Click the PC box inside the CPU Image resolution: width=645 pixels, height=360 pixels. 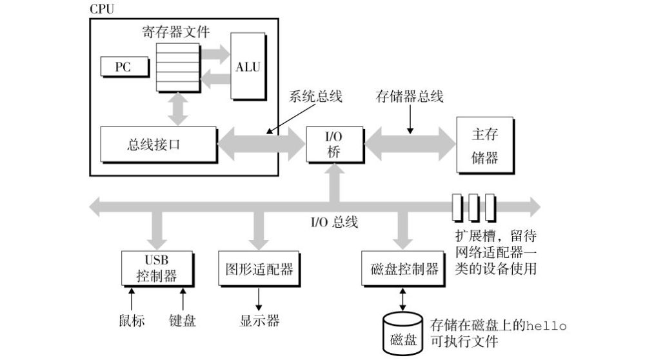point(124,66)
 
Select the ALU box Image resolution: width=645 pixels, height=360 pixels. point(248,66)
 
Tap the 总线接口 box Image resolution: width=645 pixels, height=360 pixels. point(159,145)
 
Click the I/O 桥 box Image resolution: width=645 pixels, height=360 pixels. point(335,145)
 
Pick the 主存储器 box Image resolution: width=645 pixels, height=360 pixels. point(486,145)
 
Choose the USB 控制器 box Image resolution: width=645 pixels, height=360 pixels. point(157,268)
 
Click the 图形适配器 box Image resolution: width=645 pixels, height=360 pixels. point(259,268)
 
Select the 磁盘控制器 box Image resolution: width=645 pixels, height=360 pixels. point(404,268)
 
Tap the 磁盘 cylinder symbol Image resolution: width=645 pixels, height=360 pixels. point(403,334)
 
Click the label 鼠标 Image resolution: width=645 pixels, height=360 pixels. point(132,321)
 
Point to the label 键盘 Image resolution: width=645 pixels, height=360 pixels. point(183,321)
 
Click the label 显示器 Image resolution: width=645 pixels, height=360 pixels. point(259,321)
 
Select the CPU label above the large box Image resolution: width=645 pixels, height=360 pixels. point(102,9)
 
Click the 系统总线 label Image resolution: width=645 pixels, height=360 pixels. point(315,96)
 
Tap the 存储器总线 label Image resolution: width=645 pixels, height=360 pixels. point(410,96)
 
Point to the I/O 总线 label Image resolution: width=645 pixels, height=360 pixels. point(334,222)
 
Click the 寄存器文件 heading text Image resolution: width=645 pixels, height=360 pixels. point(176,32)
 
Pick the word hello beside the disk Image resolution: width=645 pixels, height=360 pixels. point(546,326)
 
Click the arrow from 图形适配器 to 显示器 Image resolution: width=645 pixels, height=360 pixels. point(259,299)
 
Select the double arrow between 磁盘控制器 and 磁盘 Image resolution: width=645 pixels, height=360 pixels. point(402,299)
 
